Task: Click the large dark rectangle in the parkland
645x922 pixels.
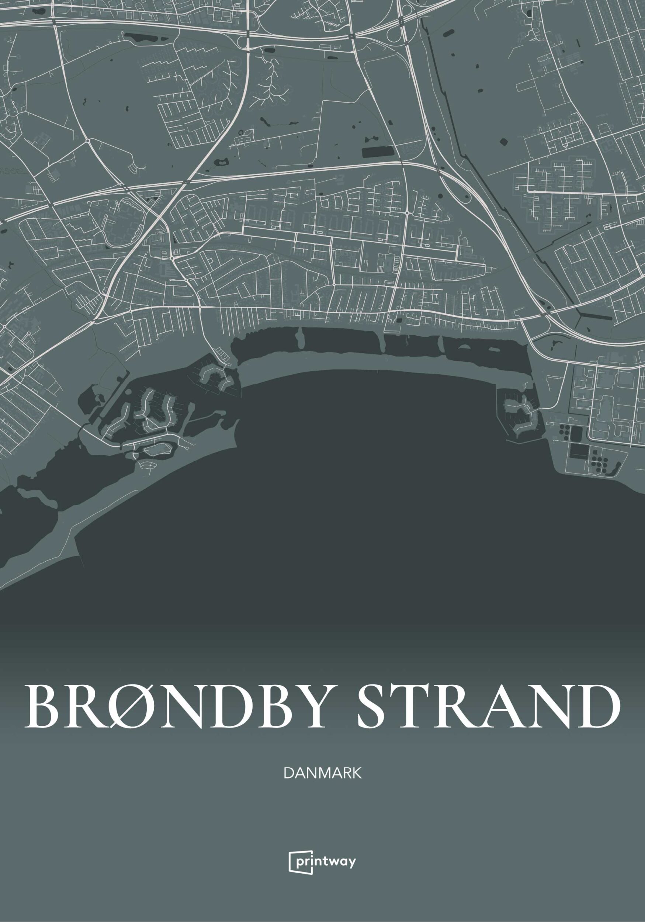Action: pos(377,152)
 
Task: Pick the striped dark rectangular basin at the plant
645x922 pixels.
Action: pos(578,452)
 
